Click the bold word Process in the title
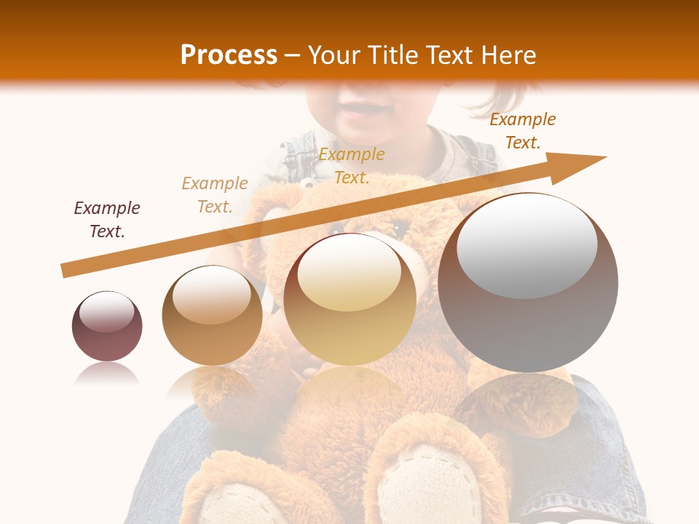coord(229,55)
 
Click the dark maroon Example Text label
coord(107,220)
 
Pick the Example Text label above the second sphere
coord(215,195)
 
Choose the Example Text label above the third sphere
coord(352,165)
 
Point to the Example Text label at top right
coord(522,131)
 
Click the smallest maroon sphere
coord(107,326)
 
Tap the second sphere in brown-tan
coord(212,315)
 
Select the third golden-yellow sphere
coord(349,300)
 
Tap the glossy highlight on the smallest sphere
coord(107,312)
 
